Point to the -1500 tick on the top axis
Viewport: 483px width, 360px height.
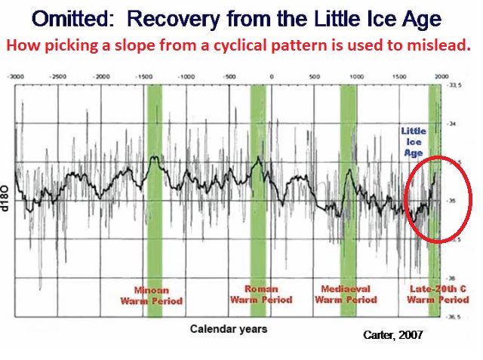coord(143,77)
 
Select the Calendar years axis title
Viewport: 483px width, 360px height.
coord(228,329)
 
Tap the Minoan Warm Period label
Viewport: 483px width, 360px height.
coord(158,295)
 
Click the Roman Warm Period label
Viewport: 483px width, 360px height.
coord(261,294)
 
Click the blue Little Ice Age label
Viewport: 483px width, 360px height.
coord(413,141)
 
